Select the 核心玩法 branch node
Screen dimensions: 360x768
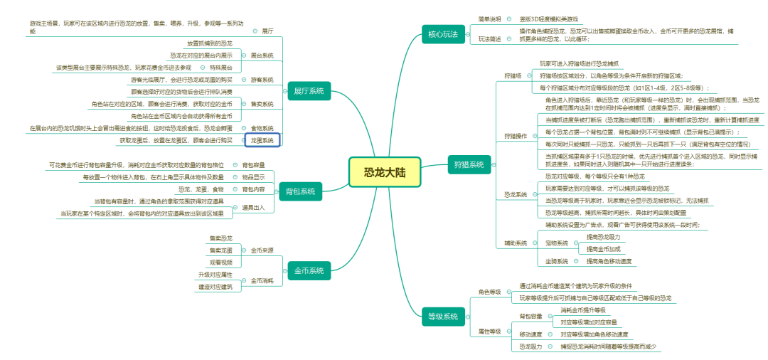(442, 33)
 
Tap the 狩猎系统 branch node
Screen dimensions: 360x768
(469, 165)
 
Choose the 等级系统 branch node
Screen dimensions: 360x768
(442, 317)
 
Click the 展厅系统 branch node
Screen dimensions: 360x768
(308, 91)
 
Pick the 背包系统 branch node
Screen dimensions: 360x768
(300, 191)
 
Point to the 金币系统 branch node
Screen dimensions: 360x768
(308, 271)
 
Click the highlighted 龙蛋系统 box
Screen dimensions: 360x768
(262, 141)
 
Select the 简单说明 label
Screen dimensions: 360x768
(489, 18)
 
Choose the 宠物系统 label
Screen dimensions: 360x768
(557, 243)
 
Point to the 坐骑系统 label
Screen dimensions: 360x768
(557, 261)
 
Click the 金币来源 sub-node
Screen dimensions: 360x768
(262, 250)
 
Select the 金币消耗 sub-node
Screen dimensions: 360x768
(262, 281)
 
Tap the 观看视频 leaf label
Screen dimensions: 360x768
(220, 263)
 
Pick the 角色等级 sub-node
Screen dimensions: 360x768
(489, 292)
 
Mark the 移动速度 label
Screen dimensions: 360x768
(530, 334)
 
